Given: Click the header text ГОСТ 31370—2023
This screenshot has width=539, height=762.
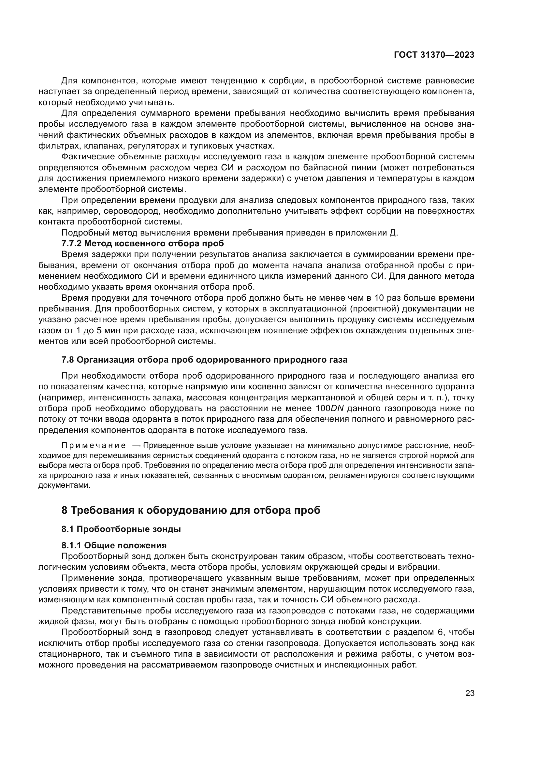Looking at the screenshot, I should [x=434, y=55].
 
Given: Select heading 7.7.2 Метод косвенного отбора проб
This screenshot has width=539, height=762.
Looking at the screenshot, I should [x=143, y=243].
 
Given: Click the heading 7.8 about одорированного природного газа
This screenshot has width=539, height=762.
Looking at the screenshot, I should [x=204, y=360].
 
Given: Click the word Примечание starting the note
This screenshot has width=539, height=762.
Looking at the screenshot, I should [x=94, y=445].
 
